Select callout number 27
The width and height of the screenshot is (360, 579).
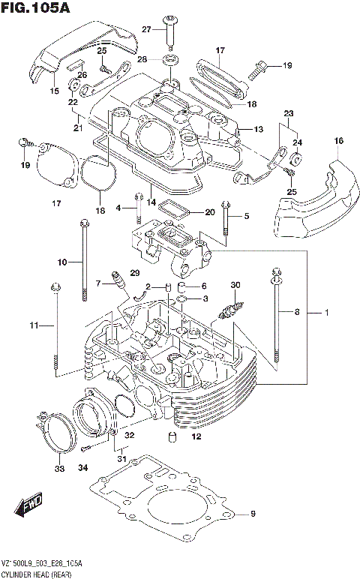coord(148,29)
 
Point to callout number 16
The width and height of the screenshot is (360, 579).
coord(339,141)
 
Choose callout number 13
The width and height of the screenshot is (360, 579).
coord(258,130)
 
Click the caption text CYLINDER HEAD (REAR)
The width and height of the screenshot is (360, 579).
coord(35,572)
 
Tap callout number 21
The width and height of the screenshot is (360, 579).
coord(76,128)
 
